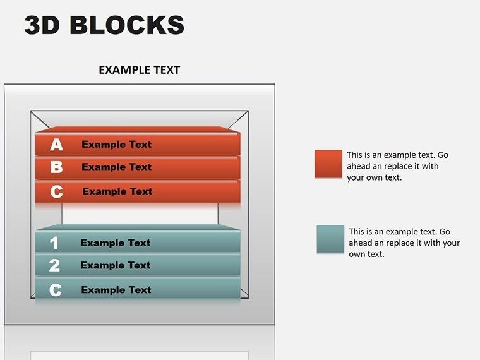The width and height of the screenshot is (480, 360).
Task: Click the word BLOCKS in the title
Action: click(x=126, y=25)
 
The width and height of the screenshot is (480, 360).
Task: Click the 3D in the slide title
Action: click(x=42, y=25)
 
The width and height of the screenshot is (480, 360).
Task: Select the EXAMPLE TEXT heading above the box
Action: click(x=139, y=70)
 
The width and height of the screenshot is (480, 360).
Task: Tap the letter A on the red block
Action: click(x=57, y=145)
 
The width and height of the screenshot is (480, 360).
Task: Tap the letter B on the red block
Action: click(x=56, y=167)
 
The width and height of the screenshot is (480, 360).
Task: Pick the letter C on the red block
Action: click(x=56, y=191)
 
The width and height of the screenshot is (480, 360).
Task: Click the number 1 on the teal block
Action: click(x=54, y=243)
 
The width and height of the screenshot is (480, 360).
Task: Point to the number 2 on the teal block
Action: click(x=54, y=266)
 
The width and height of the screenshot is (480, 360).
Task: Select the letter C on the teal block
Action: click(x=56, y=291)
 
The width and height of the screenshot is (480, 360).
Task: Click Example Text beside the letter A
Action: click(x=117, y=145)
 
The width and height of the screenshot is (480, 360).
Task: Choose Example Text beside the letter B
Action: click(x=117, y=167)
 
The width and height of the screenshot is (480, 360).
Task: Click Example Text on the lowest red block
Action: click(x=117, y=191)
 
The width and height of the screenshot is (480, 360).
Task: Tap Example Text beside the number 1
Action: click(x=116, y=243)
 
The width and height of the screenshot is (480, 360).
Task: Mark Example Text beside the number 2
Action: click(x=116, y=266)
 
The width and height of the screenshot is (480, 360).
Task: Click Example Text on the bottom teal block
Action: click(x=116, y=291)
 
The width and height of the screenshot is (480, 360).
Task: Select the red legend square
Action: click(x=328, y=164)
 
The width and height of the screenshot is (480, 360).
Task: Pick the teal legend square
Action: click(x=330, y=239)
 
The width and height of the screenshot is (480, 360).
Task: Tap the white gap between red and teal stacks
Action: click(x=140, y=213)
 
